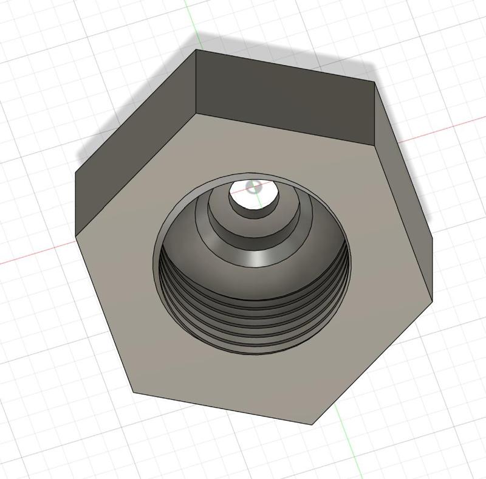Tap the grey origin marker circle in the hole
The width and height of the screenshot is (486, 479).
[255, 187]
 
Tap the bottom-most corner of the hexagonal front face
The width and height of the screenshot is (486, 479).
[313, 424]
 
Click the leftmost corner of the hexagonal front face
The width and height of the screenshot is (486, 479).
[77, 236]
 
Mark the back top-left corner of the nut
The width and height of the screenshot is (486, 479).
[196, 50]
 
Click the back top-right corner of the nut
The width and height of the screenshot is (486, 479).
[374, 81]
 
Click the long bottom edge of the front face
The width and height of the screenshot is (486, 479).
[225, 408]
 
